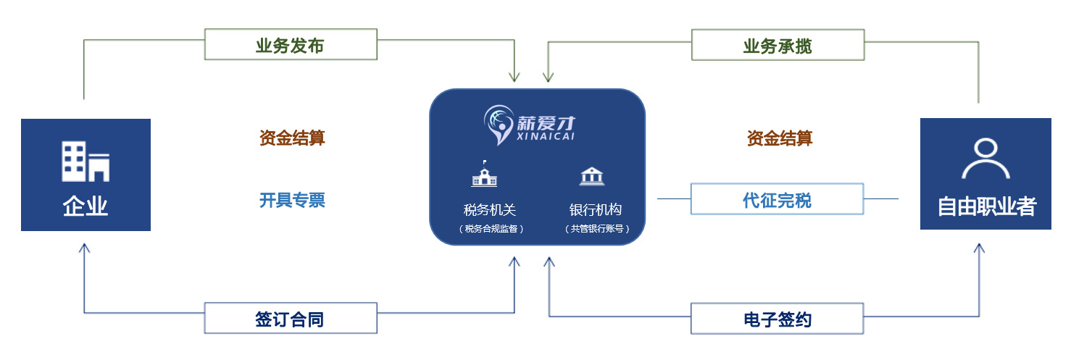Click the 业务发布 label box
(x=291, y=45)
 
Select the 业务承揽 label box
(x=778, y=46)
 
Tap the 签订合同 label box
(x=291, y=319)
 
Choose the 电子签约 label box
(x=778, y=319)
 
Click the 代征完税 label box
(x=777, y=199)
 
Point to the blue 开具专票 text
(x=292, y=200)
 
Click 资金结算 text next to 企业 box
(x=292, y=138)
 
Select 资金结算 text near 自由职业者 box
(x=780, y=138)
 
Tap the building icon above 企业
(x=85, y=162)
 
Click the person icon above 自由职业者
(x=985, y=159)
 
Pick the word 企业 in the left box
(x=85, y=206)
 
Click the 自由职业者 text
(x=986, y=206)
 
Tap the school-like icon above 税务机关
(x=484, y=175)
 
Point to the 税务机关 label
(x=490, y=210)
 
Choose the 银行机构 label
(x=596, y=210)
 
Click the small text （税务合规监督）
(x=490, y=229)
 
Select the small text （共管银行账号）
(x=596, y=229)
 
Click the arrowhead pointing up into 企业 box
(x=85, y=248)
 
